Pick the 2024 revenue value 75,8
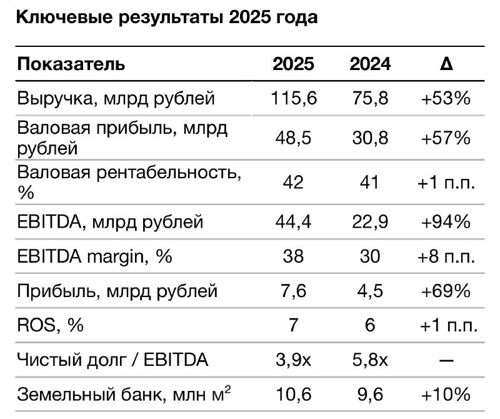370,98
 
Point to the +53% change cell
446,98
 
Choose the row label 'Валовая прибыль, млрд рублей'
122,138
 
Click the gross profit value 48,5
293,138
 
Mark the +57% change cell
446,138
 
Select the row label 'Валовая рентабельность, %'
129,182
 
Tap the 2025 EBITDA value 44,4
293,221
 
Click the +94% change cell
446,221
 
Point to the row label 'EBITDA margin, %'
94,256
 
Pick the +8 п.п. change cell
446,256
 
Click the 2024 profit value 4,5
370,291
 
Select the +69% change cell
446,291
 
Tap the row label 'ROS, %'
51,326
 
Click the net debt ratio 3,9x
293,360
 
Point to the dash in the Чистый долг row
446,361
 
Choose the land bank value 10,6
293,395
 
